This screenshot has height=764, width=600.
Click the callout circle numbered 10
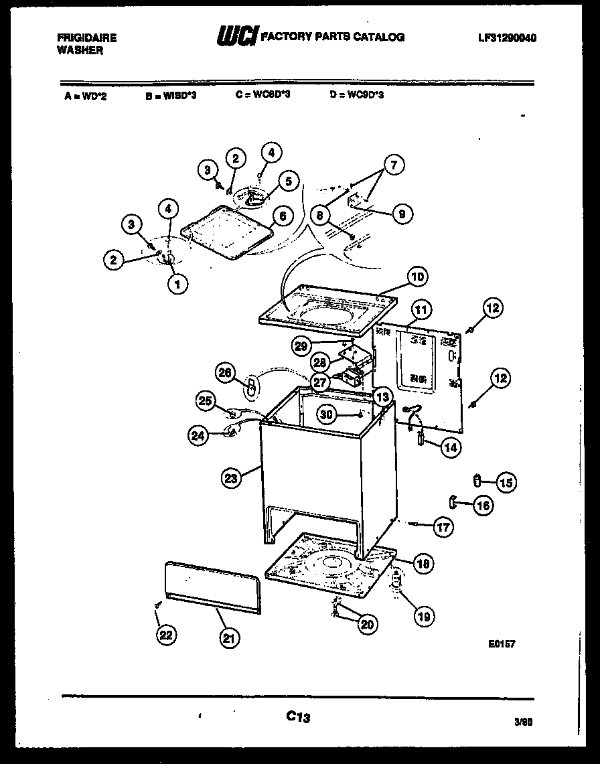[417, 277]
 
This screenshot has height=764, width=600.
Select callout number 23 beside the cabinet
[230, 478]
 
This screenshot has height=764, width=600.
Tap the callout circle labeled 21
[229, 638]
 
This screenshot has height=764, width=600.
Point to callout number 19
[423, 616]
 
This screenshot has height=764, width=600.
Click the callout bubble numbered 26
[226, 372]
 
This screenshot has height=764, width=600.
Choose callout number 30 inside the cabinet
[326, 414]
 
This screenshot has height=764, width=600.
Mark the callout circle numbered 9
[401, 214]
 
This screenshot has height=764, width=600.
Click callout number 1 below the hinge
[177, 285]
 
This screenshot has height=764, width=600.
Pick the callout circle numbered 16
[483, 506]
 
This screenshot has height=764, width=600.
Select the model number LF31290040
[507, 38]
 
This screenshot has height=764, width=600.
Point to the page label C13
[299, 716]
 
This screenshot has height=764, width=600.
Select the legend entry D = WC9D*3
[357, 95]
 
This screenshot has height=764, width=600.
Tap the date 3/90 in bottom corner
[525, 722]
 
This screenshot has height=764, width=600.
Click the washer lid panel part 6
[229, 231]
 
